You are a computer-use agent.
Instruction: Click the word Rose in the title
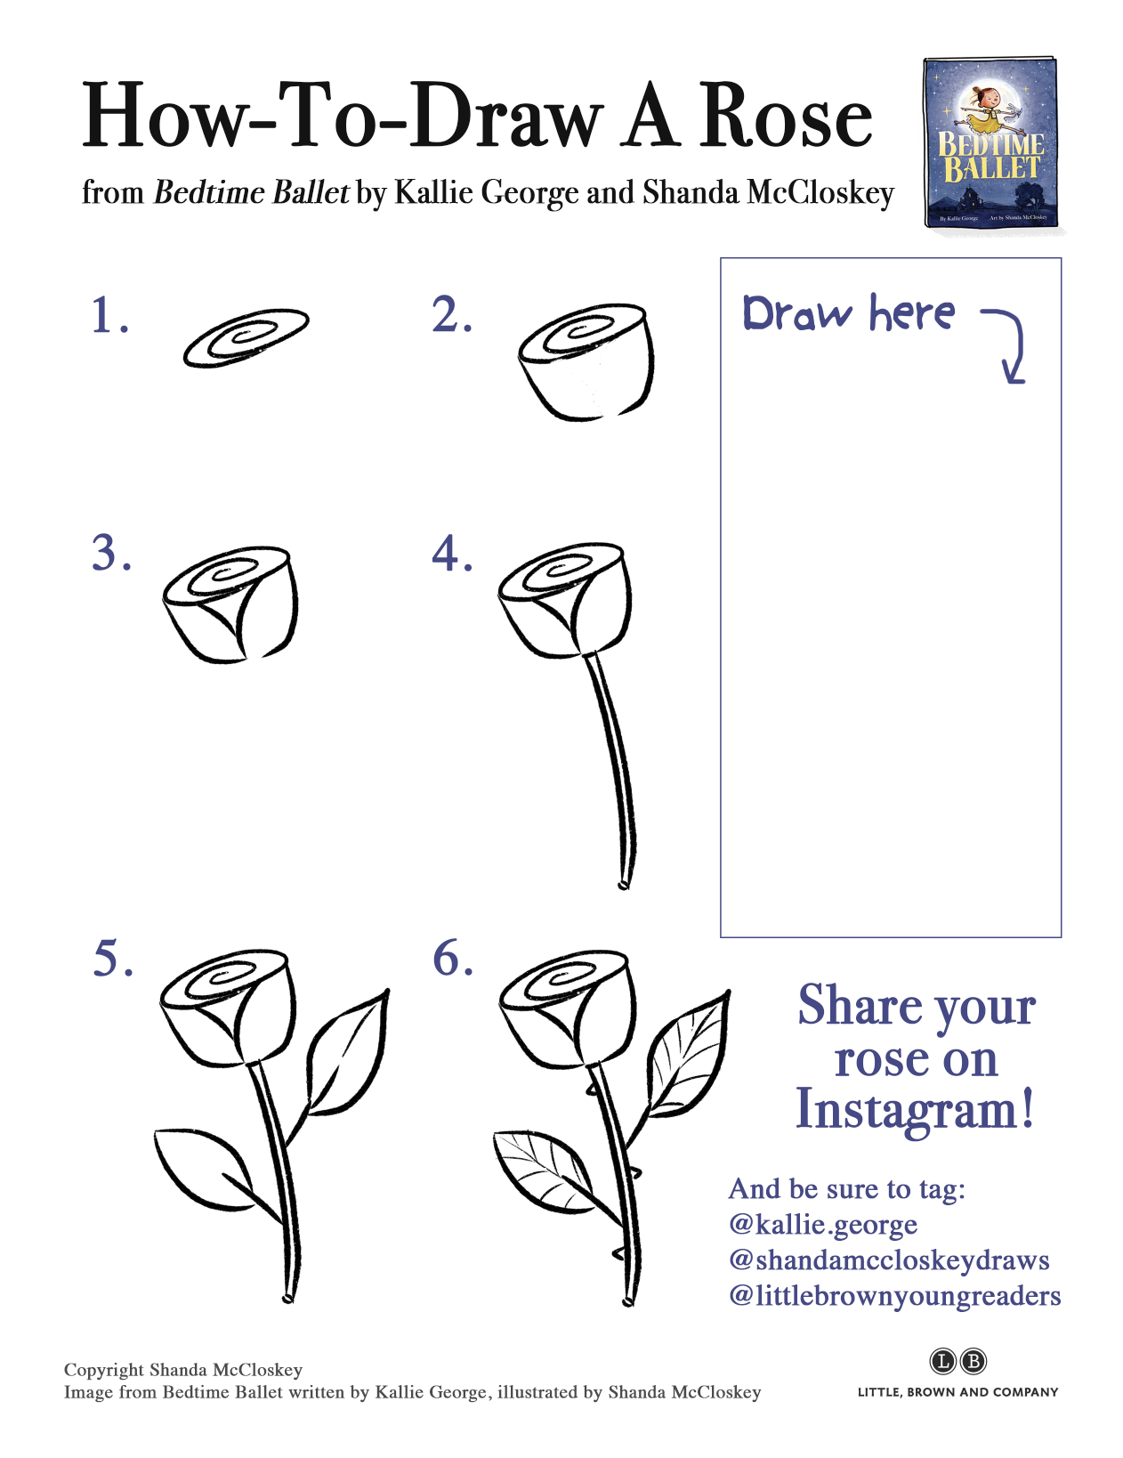point(786,117)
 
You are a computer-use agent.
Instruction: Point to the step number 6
point(452,960)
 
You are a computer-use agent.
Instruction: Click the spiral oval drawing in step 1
point(246,337)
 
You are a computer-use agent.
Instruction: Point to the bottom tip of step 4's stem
point(623,884)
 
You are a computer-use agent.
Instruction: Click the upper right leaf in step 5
point(349,1052)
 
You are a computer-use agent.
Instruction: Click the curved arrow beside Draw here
point(1010,343)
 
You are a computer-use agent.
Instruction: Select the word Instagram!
point(915,1110)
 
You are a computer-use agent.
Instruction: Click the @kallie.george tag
point(823,1225)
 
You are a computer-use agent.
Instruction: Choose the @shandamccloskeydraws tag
point(889,1260)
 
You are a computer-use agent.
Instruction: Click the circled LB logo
point(958,1361)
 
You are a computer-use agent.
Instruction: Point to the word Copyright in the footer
point(103,1370)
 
